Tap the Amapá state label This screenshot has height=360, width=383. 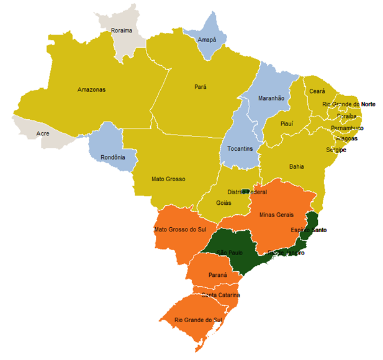coord(206,40)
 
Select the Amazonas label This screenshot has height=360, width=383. coord(91,89)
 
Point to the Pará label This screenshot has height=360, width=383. coord(200,87)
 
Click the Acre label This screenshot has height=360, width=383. coord(43,133)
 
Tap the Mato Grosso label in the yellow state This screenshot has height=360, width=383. coord(168,179)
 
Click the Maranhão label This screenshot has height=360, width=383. coord(271,98)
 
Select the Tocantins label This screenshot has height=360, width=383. coord(240,149)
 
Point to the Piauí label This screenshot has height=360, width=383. coord(286,124)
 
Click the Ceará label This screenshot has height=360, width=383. coord(317,91)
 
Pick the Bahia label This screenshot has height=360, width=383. coord(296,166)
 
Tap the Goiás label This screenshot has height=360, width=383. coord(223,202)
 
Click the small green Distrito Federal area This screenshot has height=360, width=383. coord(245,191)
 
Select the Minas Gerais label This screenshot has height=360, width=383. coord(276,214)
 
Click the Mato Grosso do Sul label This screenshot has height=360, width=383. coord(179,230)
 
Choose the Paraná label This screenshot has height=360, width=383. coord(217,275)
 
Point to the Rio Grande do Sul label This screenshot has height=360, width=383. coord(198,320)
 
